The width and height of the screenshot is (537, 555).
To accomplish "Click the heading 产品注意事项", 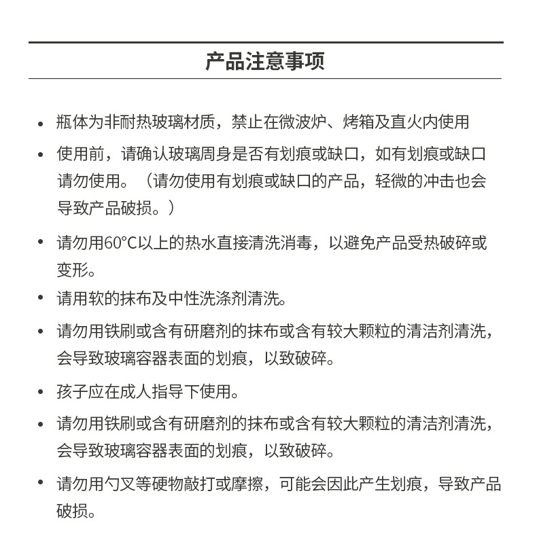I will pos(265,60).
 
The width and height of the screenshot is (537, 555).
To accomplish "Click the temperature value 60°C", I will pos(120,243).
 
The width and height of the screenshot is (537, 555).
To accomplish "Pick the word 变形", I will pos(72,270).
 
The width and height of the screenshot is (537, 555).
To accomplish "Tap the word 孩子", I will pos(72,391).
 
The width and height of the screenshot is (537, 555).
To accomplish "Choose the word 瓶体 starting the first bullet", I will pos(72,122).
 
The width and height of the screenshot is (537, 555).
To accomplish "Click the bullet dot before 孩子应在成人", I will pos(41,391).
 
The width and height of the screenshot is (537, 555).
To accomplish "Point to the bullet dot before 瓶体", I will pos(41,122).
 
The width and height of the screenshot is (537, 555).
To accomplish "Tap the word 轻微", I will pos(391,181).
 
